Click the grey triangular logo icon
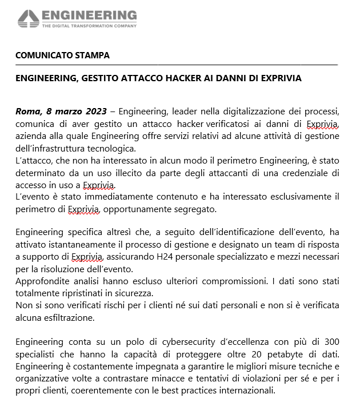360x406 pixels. (x=28, y=19)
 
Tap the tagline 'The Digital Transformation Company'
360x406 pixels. (x=89, y=26)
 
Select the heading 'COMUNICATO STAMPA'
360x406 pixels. (x=63, y=55)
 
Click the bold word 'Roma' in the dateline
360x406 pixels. (x=27, y=110)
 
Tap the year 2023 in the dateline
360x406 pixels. (x=87, y=110)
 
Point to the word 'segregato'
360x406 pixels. (x=197, y=210)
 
